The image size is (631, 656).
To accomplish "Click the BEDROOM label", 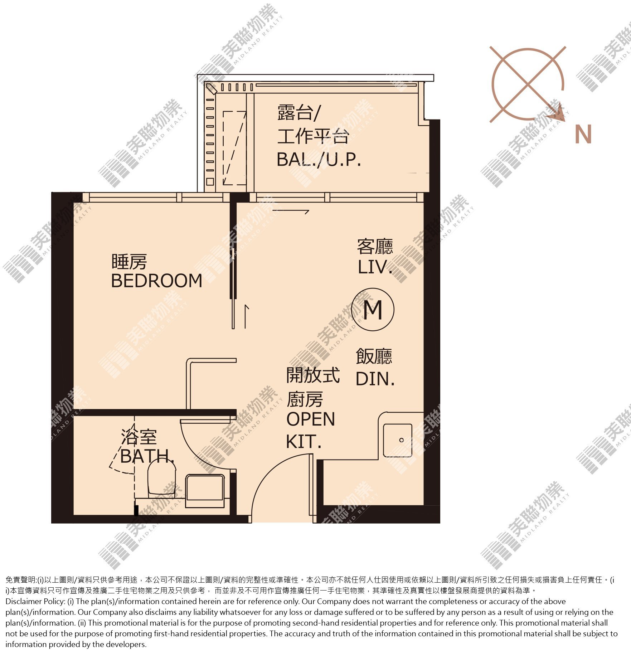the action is click(x=157, y=281).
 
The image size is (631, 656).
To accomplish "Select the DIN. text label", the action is click(x=375, y=379).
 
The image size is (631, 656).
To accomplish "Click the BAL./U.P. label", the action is click(x=319, y=160).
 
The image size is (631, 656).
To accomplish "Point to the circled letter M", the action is click(x=373, y=309).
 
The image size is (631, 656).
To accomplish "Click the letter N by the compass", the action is click(x=583, y=134).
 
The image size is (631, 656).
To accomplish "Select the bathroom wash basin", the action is click(x=205, y=491).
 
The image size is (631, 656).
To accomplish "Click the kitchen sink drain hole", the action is click(x=401, y=440).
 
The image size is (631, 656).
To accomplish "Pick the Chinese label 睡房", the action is click(x=129, y=262).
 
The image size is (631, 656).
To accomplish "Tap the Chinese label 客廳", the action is click(x=375, y=247).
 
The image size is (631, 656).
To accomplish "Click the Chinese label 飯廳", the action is click(x=374, y=356).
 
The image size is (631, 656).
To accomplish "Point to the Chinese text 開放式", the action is click(x=313, y=375).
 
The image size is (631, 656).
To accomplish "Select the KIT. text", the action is click(x=304, y=442).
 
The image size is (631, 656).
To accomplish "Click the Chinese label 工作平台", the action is click(x=313, y=136).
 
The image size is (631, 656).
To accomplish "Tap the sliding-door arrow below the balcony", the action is click(x=291, y=212).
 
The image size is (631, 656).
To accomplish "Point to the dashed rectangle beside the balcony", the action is click(x=234, y=148).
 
